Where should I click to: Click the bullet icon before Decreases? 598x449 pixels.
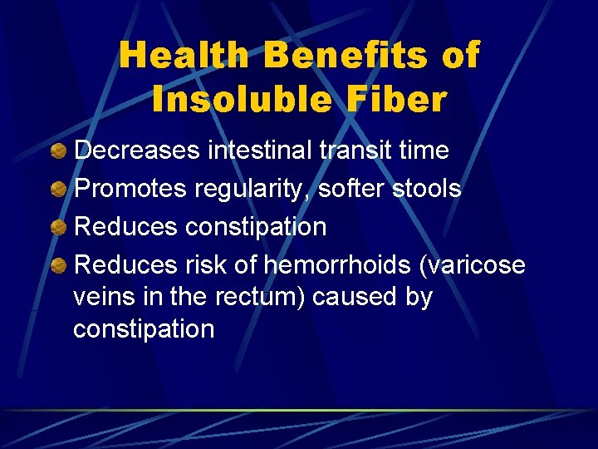[x=59, y=150]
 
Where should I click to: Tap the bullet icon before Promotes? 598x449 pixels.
[x=59, y=189]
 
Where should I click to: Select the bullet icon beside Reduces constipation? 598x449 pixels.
[x=59, y=227]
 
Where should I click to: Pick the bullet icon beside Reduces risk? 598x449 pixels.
[x=59, y=265]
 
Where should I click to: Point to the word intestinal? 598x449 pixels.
[x=260, y=150]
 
